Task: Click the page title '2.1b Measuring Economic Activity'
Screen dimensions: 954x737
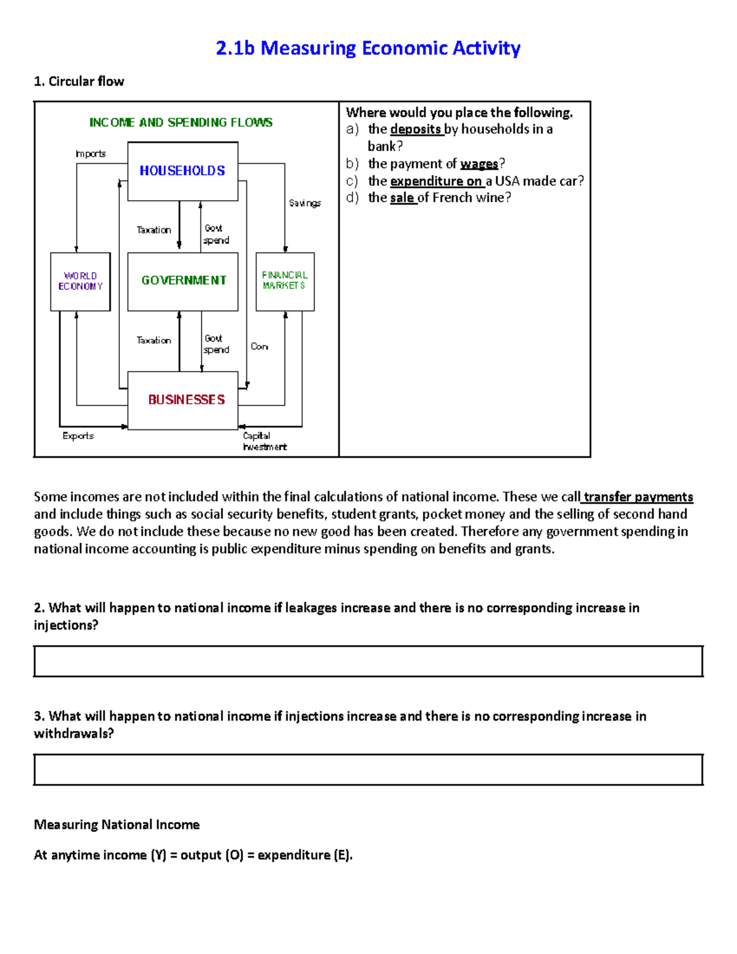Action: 368,48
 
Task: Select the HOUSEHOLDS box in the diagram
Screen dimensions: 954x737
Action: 182,171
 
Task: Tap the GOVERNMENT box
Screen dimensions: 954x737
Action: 183,281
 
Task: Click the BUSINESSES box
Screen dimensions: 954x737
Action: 183,400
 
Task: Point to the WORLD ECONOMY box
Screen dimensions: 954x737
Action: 80,281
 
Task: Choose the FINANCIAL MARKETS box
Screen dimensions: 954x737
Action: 285,281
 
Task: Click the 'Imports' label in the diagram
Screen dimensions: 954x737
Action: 90,154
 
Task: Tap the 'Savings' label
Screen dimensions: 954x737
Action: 305,203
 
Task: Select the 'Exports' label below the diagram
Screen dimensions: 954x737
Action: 78,436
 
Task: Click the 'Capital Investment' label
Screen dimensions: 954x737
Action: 263,441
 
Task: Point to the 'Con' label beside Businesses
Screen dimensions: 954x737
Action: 259,346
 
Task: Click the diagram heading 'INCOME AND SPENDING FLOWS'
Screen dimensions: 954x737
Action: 181,122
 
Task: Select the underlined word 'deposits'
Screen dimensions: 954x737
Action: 416,129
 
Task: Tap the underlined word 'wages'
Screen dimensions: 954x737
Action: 479,163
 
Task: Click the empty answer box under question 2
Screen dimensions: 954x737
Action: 368,661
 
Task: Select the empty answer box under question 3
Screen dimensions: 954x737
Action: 368,769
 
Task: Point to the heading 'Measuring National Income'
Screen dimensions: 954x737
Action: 117,824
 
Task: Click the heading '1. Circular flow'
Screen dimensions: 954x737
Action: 79,81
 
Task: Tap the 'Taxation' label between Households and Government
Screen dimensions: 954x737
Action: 154,230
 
